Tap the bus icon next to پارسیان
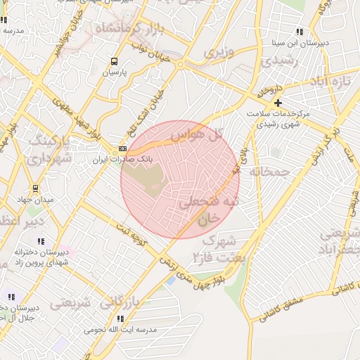115,62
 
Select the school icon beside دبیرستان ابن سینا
300,32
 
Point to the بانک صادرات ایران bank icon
123,149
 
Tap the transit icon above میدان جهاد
36,188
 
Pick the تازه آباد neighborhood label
330,81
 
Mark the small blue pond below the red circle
170,281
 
